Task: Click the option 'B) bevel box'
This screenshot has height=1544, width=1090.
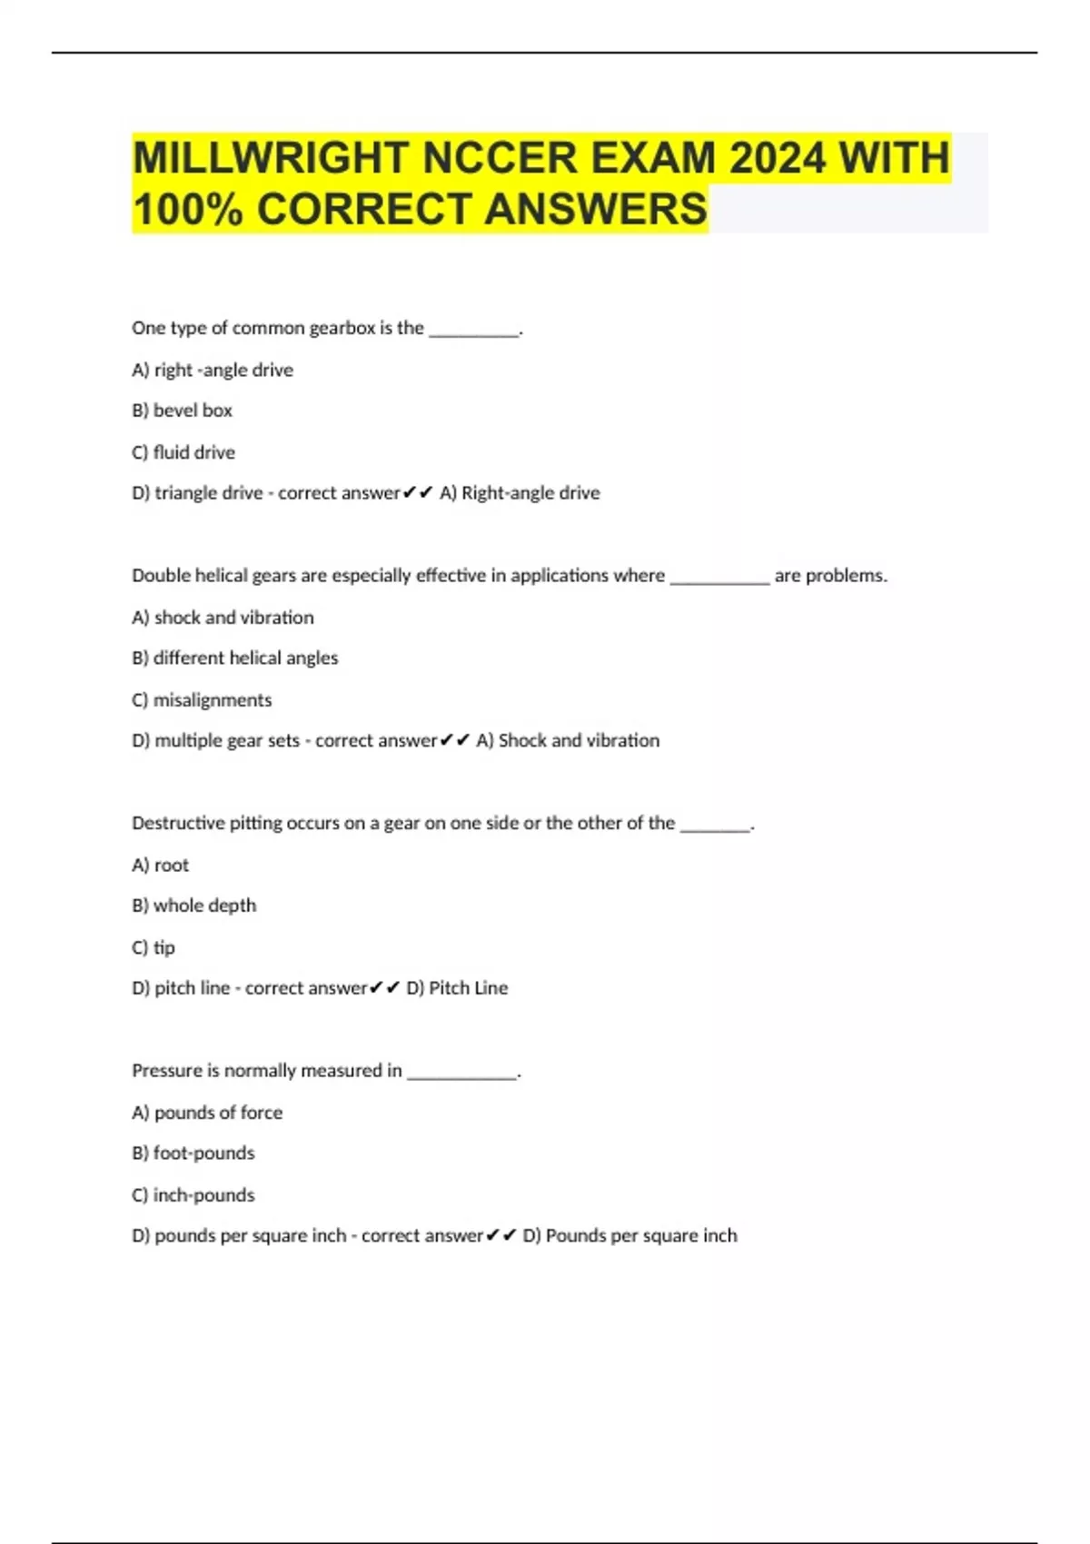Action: [182, 411]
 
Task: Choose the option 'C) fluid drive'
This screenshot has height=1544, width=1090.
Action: [183, 452]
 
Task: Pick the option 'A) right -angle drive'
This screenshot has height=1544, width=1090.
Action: [213, 371]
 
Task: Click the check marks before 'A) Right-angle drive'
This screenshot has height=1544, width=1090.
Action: [418, 493]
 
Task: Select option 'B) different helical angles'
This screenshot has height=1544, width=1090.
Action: [234, 658]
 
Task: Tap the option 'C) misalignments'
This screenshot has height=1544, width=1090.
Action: [202, 700]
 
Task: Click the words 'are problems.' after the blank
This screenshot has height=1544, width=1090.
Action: [830, 576]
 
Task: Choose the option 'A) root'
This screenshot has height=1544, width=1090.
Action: [161, 866]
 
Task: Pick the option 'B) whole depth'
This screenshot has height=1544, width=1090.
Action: [194, 906]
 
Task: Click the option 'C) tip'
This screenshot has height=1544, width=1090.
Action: [154, 948]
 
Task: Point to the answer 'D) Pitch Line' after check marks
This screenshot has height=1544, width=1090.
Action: [457, 988]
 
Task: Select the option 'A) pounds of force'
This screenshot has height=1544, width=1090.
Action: [207, 1113]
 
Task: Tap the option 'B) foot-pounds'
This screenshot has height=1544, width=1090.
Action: [193, 1153]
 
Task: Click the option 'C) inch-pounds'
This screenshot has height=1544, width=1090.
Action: [193, 1195]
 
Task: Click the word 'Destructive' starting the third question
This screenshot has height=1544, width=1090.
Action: [177, 824]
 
